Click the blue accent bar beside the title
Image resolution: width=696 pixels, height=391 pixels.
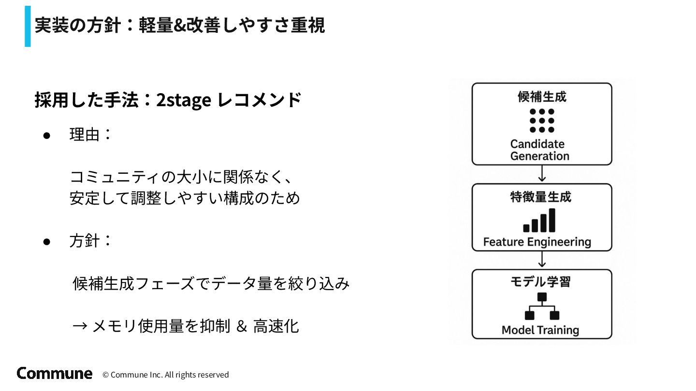28,26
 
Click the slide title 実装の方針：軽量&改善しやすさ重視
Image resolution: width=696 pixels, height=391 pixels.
179,25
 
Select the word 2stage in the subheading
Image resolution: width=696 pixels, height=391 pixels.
183,100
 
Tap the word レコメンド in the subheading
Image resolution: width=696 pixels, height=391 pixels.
260,100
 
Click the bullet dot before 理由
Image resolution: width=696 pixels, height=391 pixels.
47,136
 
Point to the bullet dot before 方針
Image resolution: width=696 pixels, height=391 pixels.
47,241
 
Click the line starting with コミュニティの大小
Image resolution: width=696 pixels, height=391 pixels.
181,177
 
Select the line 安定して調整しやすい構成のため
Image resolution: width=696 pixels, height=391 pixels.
185,198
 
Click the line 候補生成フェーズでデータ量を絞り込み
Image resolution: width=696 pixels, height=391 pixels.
211,283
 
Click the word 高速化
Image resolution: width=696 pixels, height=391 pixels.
276,326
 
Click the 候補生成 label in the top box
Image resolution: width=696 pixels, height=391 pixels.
542,97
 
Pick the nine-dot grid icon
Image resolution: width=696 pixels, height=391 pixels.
542,120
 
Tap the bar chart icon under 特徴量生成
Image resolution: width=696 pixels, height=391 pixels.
539,221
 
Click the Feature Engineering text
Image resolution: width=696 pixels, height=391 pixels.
537,242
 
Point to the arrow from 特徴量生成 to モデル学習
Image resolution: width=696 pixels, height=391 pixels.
542,260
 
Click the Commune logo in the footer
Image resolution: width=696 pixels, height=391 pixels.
54,373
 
